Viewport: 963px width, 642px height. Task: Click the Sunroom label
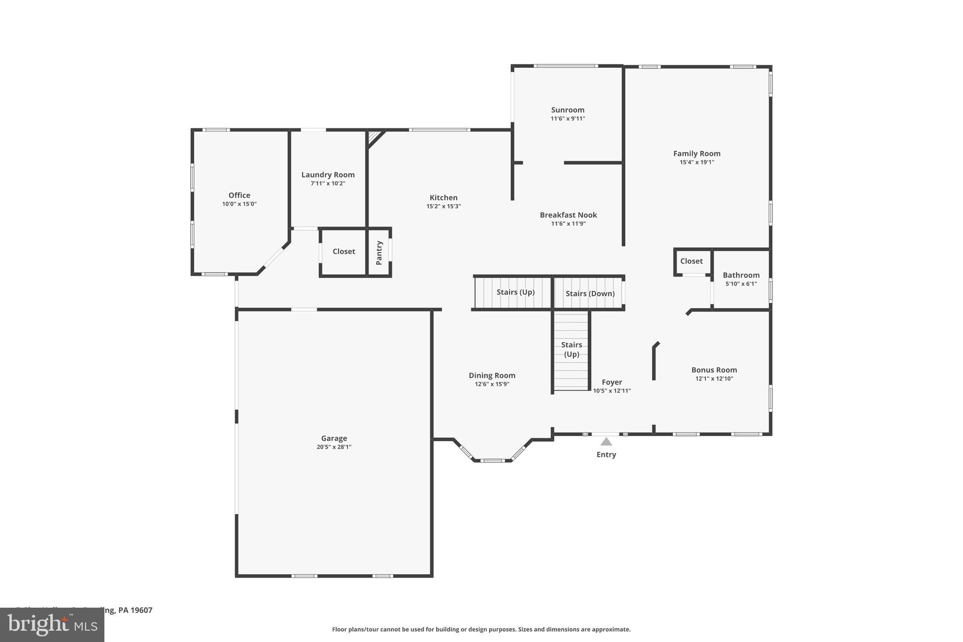[x=568, y=110]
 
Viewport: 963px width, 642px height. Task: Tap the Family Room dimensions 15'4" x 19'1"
[x=696, y=162]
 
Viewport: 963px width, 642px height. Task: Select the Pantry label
[x=379, y=253]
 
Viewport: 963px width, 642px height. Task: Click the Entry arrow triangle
[x=606, y=442]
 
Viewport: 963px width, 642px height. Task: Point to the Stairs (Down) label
[x=590, y=293]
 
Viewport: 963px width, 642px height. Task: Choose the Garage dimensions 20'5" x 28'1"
[x=334, y=447]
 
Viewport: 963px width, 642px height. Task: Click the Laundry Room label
[x=328, y=175]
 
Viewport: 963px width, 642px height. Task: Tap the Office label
[x=239, y=195]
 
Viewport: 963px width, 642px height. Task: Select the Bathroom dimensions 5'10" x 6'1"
[x=741, y=284]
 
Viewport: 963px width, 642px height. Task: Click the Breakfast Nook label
[x=568, y=215]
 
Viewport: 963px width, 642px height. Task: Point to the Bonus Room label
[x=714, y=370]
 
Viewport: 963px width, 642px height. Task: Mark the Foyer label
[x=612, y=382]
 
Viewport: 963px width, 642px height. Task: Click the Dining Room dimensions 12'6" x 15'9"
[x=492, y=384]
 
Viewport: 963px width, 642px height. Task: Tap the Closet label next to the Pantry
[x=344, y=252]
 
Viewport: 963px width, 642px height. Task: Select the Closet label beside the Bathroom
[x=691, y=261]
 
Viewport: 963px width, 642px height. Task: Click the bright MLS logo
[x=52, y=625]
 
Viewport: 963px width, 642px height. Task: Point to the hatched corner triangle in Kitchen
[x=373, y=137]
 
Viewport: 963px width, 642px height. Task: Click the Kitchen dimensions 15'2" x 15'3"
[x=443, y=206]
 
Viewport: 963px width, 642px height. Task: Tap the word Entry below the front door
[x=606, y=455]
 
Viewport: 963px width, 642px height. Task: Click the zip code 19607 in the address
[x=142, y=610]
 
